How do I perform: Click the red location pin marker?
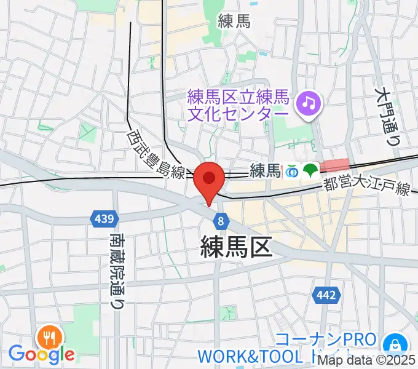tap(209, 179)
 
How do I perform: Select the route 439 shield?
tap(103, 218)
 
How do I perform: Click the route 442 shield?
tap(325, 296)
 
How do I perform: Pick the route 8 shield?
tap(220, 219)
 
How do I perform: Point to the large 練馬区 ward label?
tap(236, 247)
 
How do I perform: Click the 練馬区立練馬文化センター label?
tap(238, 106)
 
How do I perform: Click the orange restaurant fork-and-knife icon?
tap(49, 337)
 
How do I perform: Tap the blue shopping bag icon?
tap(391, 344)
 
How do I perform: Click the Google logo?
tap(41, 354)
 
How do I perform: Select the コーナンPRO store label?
tap(325, 340)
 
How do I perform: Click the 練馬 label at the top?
tap(234, 22)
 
